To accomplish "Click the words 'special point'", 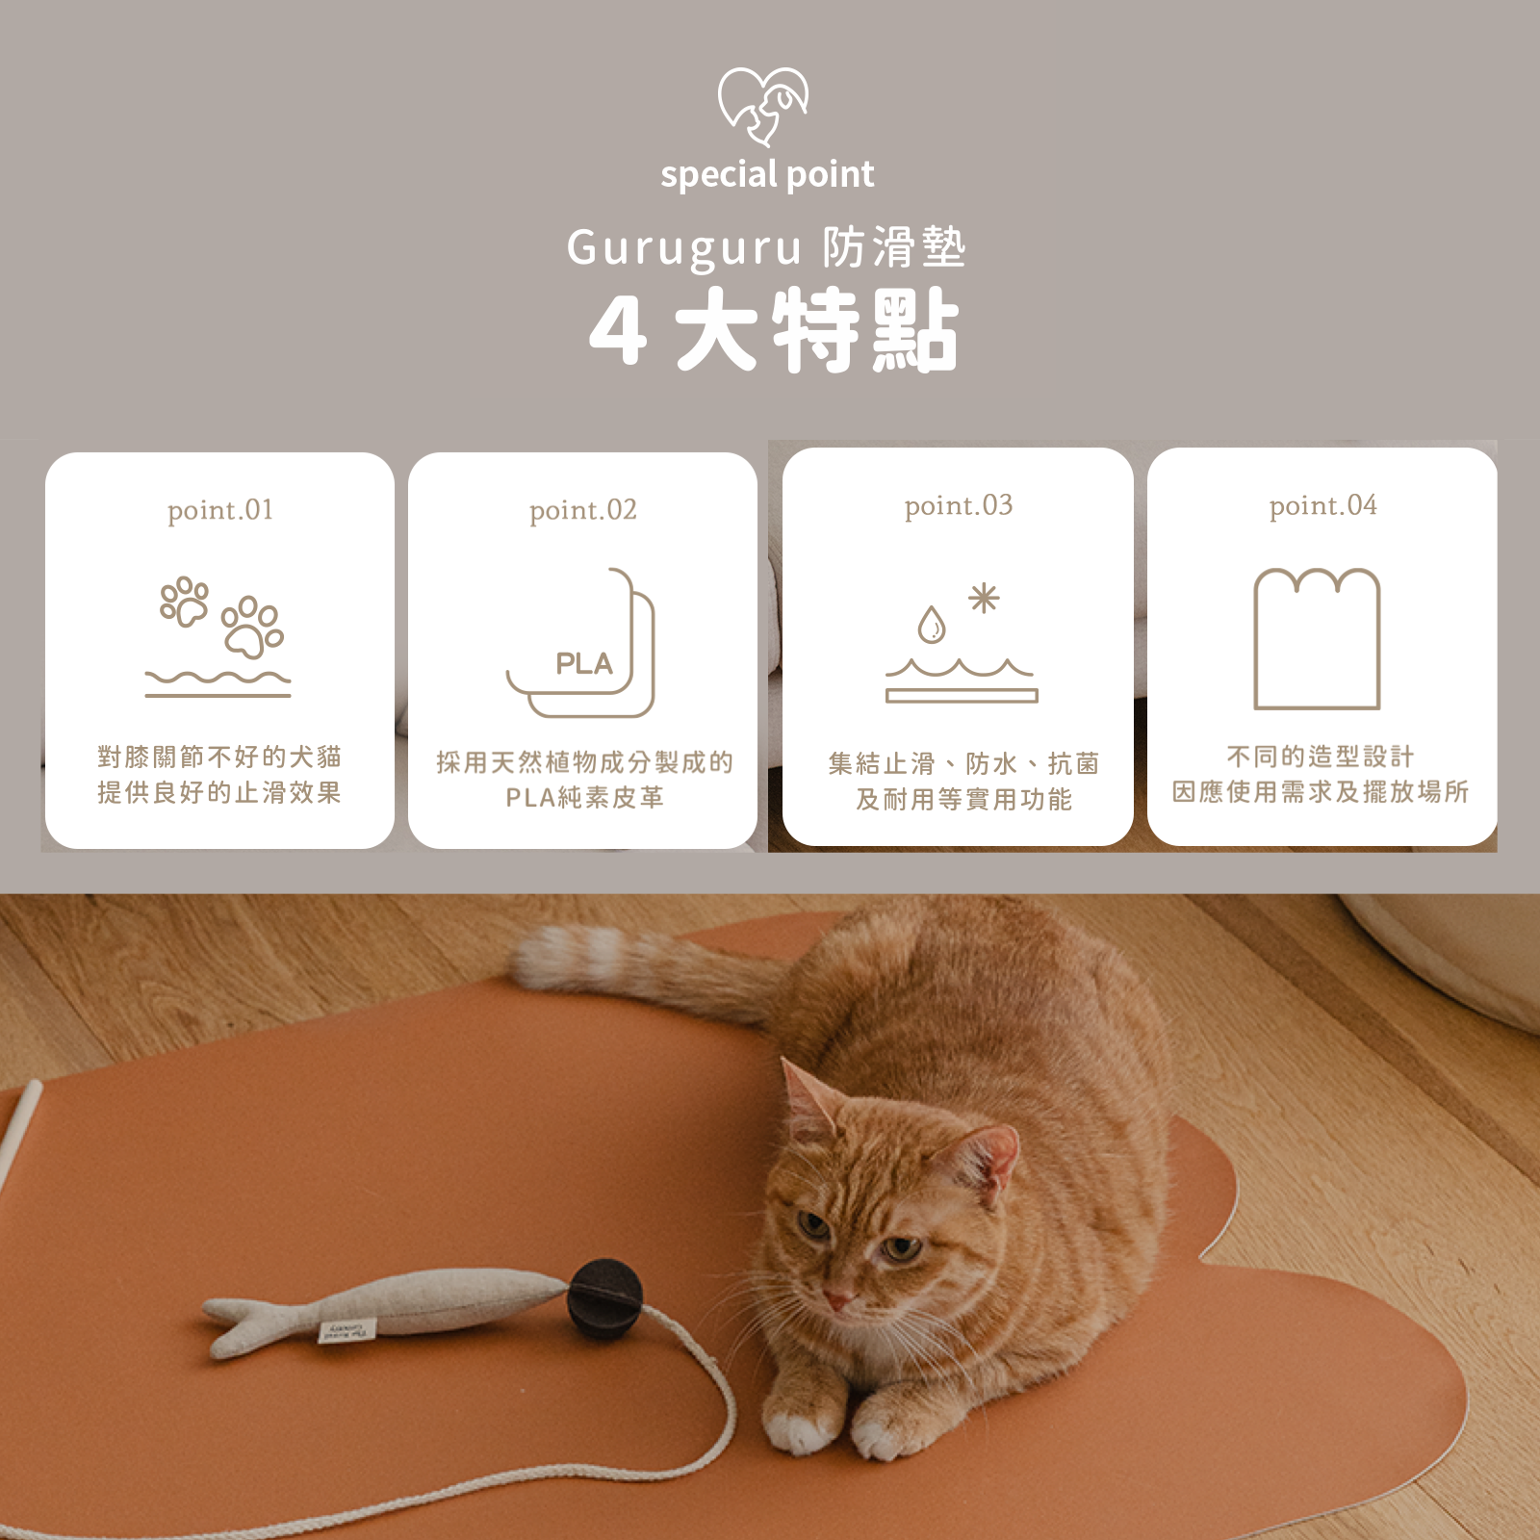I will pos(767,175).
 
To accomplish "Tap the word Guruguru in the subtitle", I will pos(682,248).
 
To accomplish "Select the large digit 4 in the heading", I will pos(617,330).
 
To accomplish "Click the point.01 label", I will pos(220,510).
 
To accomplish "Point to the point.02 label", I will pos(583,510).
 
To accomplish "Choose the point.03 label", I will pos(959,506).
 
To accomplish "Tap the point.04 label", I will pos(1322,506).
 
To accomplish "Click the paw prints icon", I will pos(221,616).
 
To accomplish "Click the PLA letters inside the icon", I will pos(583,664).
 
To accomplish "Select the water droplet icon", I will pos(931,625).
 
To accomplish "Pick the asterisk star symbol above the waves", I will pos(984,599).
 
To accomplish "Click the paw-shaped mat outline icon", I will pos(1317,638).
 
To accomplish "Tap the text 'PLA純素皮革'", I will pos(584,798).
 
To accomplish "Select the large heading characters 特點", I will pos(866,330).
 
